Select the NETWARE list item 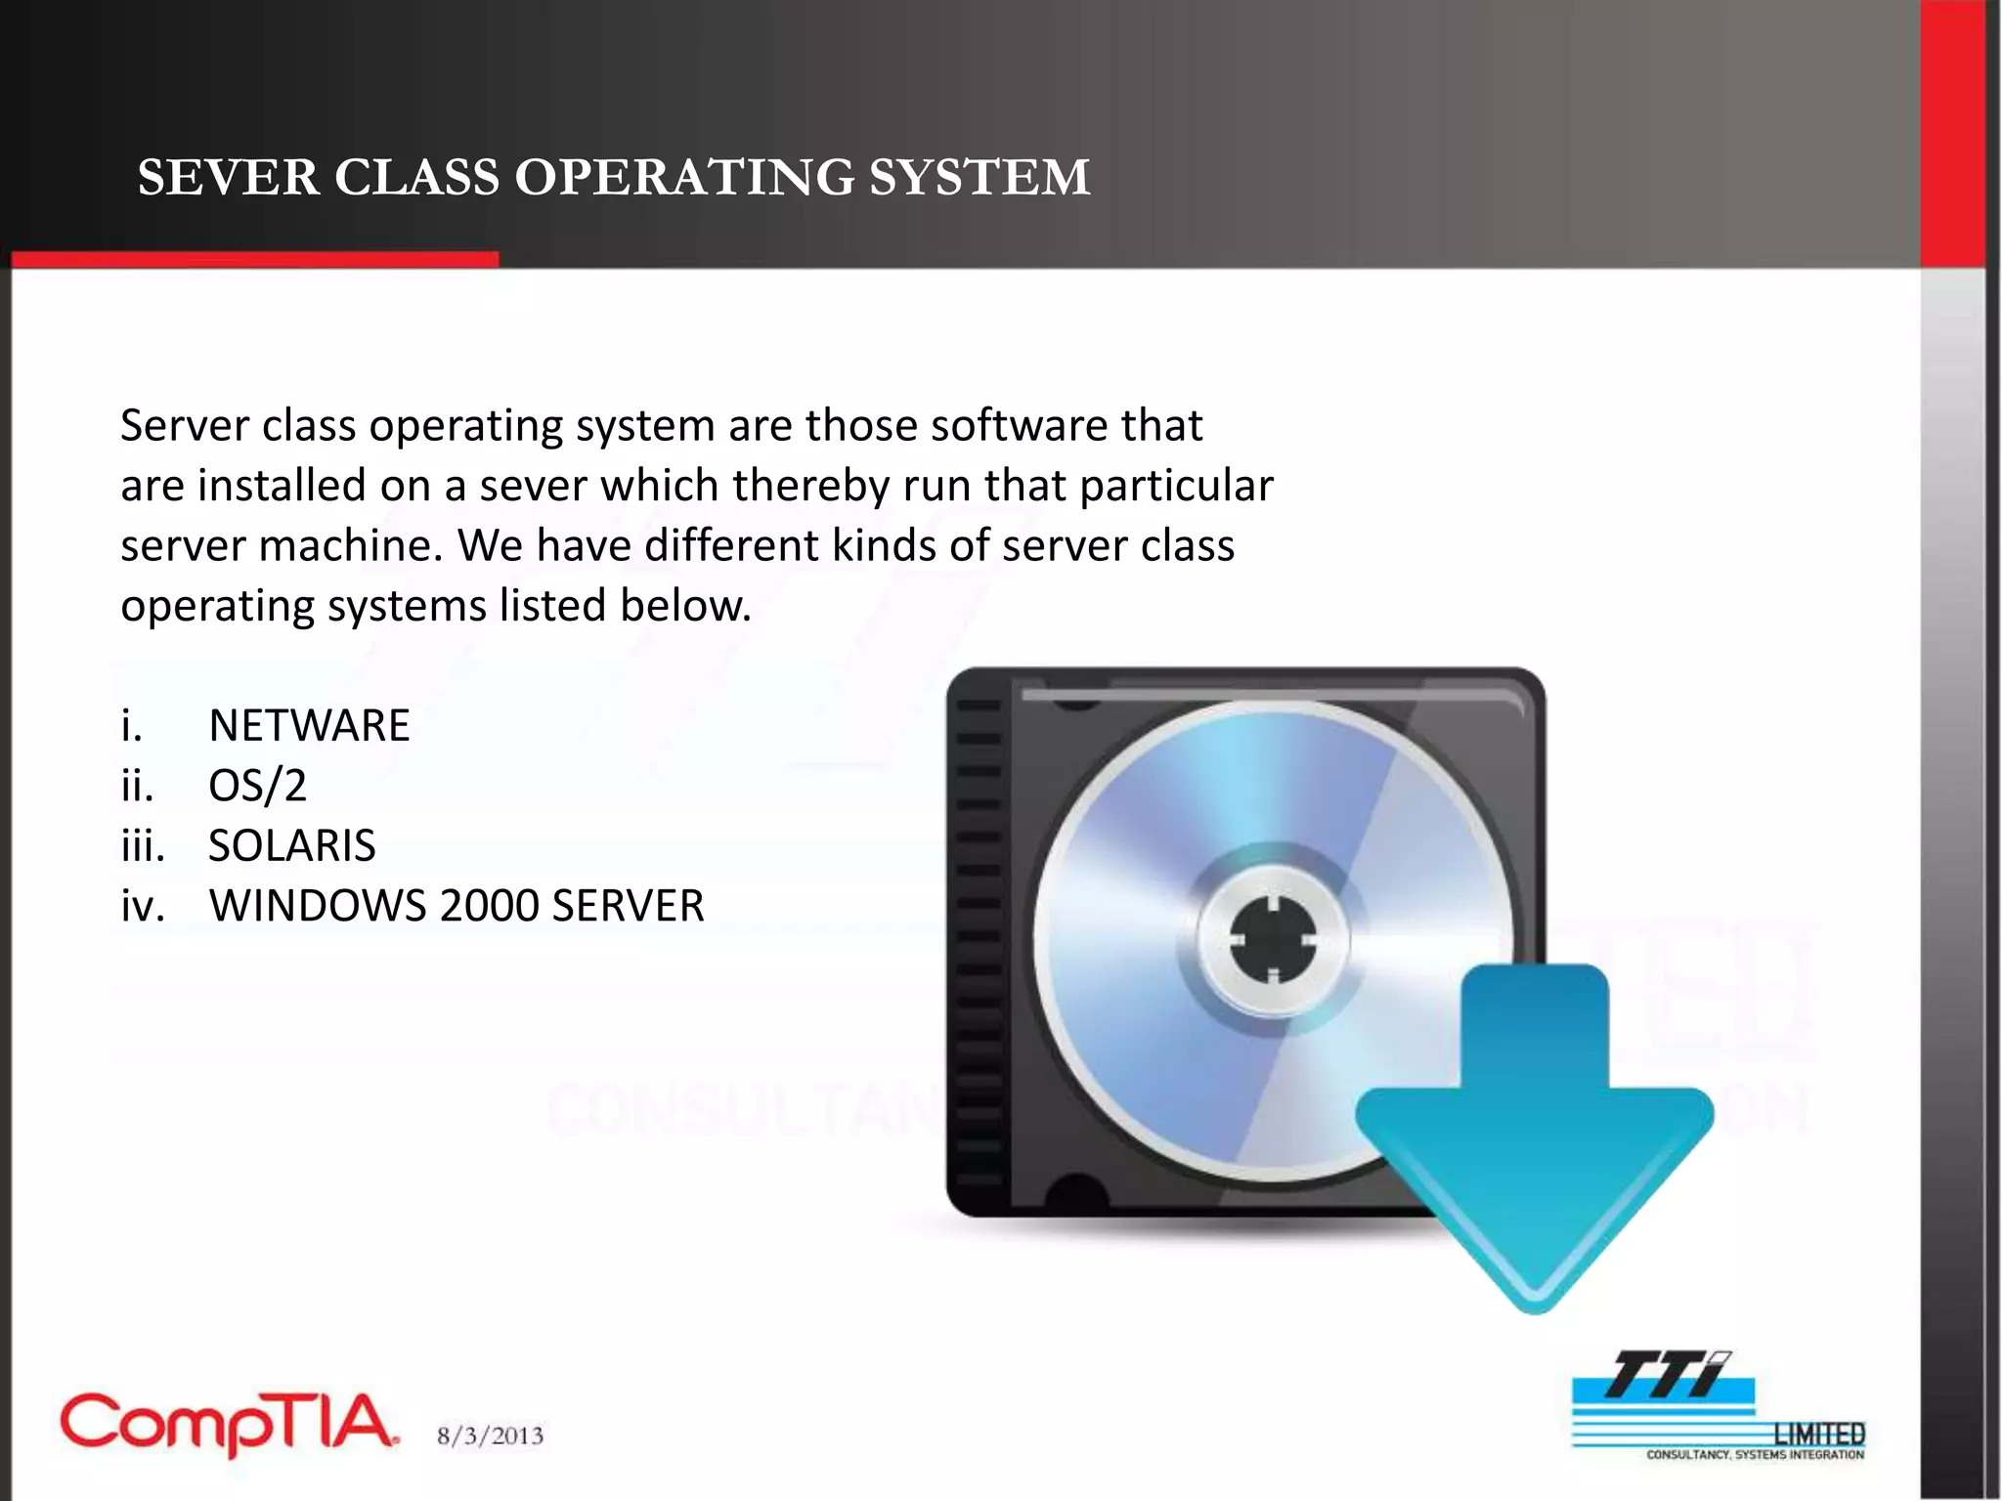point(309,726)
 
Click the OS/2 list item point(257,786)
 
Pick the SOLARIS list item point(291,846)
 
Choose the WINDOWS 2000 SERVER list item point(457,906)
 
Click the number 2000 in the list point(490,906)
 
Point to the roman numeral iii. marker point(143,846)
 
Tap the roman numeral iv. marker point(142,906)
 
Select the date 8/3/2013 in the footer point(490,1436)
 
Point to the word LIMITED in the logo point(1819,1434)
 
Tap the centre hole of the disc point(1274,941)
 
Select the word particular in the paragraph point(1176,487)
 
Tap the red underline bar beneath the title point(254,259)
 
